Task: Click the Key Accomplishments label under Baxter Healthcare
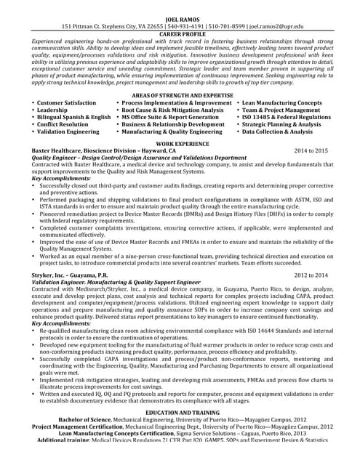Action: tap(61, 178)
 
